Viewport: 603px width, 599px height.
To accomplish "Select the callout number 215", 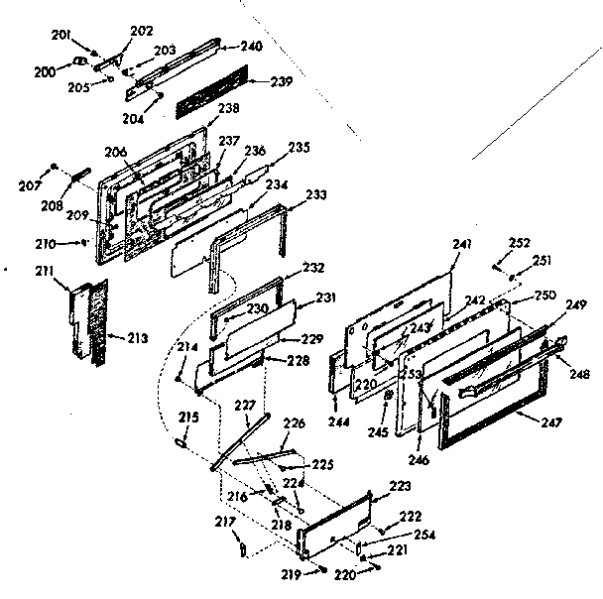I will pyautogui.click(x=187, y=417).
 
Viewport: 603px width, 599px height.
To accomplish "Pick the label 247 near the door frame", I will pyautogui.click(x=553, y=422).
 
